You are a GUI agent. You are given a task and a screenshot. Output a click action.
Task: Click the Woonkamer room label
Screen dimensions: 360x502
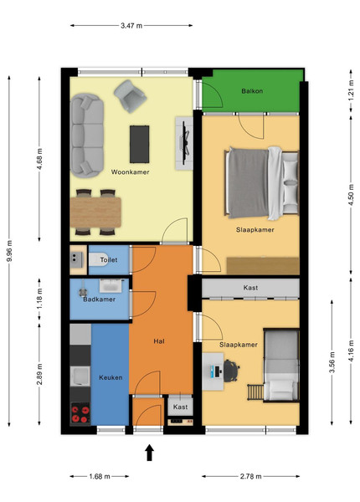coord(130,172)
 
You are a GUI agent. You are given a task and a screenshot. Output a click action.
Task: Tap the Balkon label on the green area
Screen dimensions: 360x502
coord(252,91)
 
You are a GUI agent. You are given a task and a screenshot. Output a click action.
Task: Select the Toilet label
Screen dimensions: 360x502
coord(109,259)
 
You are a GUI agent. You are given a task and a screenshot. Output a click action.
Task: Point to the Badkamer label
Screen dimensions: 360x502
coord(99,300)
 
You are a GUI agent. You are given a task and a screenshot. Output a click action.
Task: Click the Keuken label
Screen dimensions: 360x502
coord(111,377)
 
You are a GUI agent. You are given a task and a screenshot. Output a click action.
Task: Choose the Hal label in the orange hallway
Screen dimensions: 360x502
coord(159,341)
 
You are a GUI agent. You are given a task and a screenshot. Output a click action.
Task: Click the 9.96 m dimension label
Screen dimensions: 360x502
coord(9,251)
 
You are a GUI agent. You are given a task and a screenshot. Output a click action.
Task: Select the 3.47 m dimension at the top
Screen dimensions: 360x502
coord(131,26)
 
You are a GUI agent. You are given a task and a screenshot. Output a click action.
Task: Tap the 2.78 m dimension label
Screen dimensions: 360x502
coord(251,476)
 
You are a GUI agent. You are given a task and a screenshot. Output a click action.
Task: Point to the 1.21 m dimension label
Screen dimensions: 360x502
coord(351,90)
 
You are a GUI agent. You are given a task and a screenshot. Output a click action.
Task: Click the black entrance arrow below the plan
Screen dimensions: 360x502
coord(149,453)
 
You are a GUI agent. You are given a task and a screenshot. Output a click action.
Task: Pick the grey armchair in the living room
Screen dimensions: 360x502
coord(131,96)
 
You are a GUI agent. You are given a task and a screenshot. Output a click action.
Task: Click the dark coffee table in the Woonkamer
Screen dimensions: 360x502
coord(139,144)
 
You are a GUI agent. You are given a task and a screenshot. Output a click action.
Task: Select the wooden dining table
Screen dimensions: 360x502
coord(95,213)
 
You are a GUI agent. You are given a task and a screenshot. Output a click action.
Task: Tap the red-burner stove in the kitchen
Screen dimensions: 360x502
coord(80,414)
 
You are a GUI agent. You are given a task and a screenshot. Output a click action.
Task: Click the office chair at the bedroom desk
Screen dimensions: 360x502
coord(231,371)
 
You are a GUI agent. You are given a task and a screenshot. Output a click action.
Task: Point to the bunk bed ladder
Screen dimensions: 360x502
coord(255,392)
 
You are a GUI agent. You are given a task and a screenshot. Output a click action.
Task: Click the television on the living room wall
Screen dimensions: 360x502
coord(184,143)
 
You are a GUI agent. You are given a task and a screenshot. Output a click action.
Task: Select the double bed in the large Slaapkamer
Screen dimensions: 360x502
coord(262,183)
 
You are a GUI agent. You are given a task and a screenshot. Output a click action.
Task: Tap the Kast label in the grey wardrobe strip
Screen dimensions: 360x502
coord(250,288)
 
